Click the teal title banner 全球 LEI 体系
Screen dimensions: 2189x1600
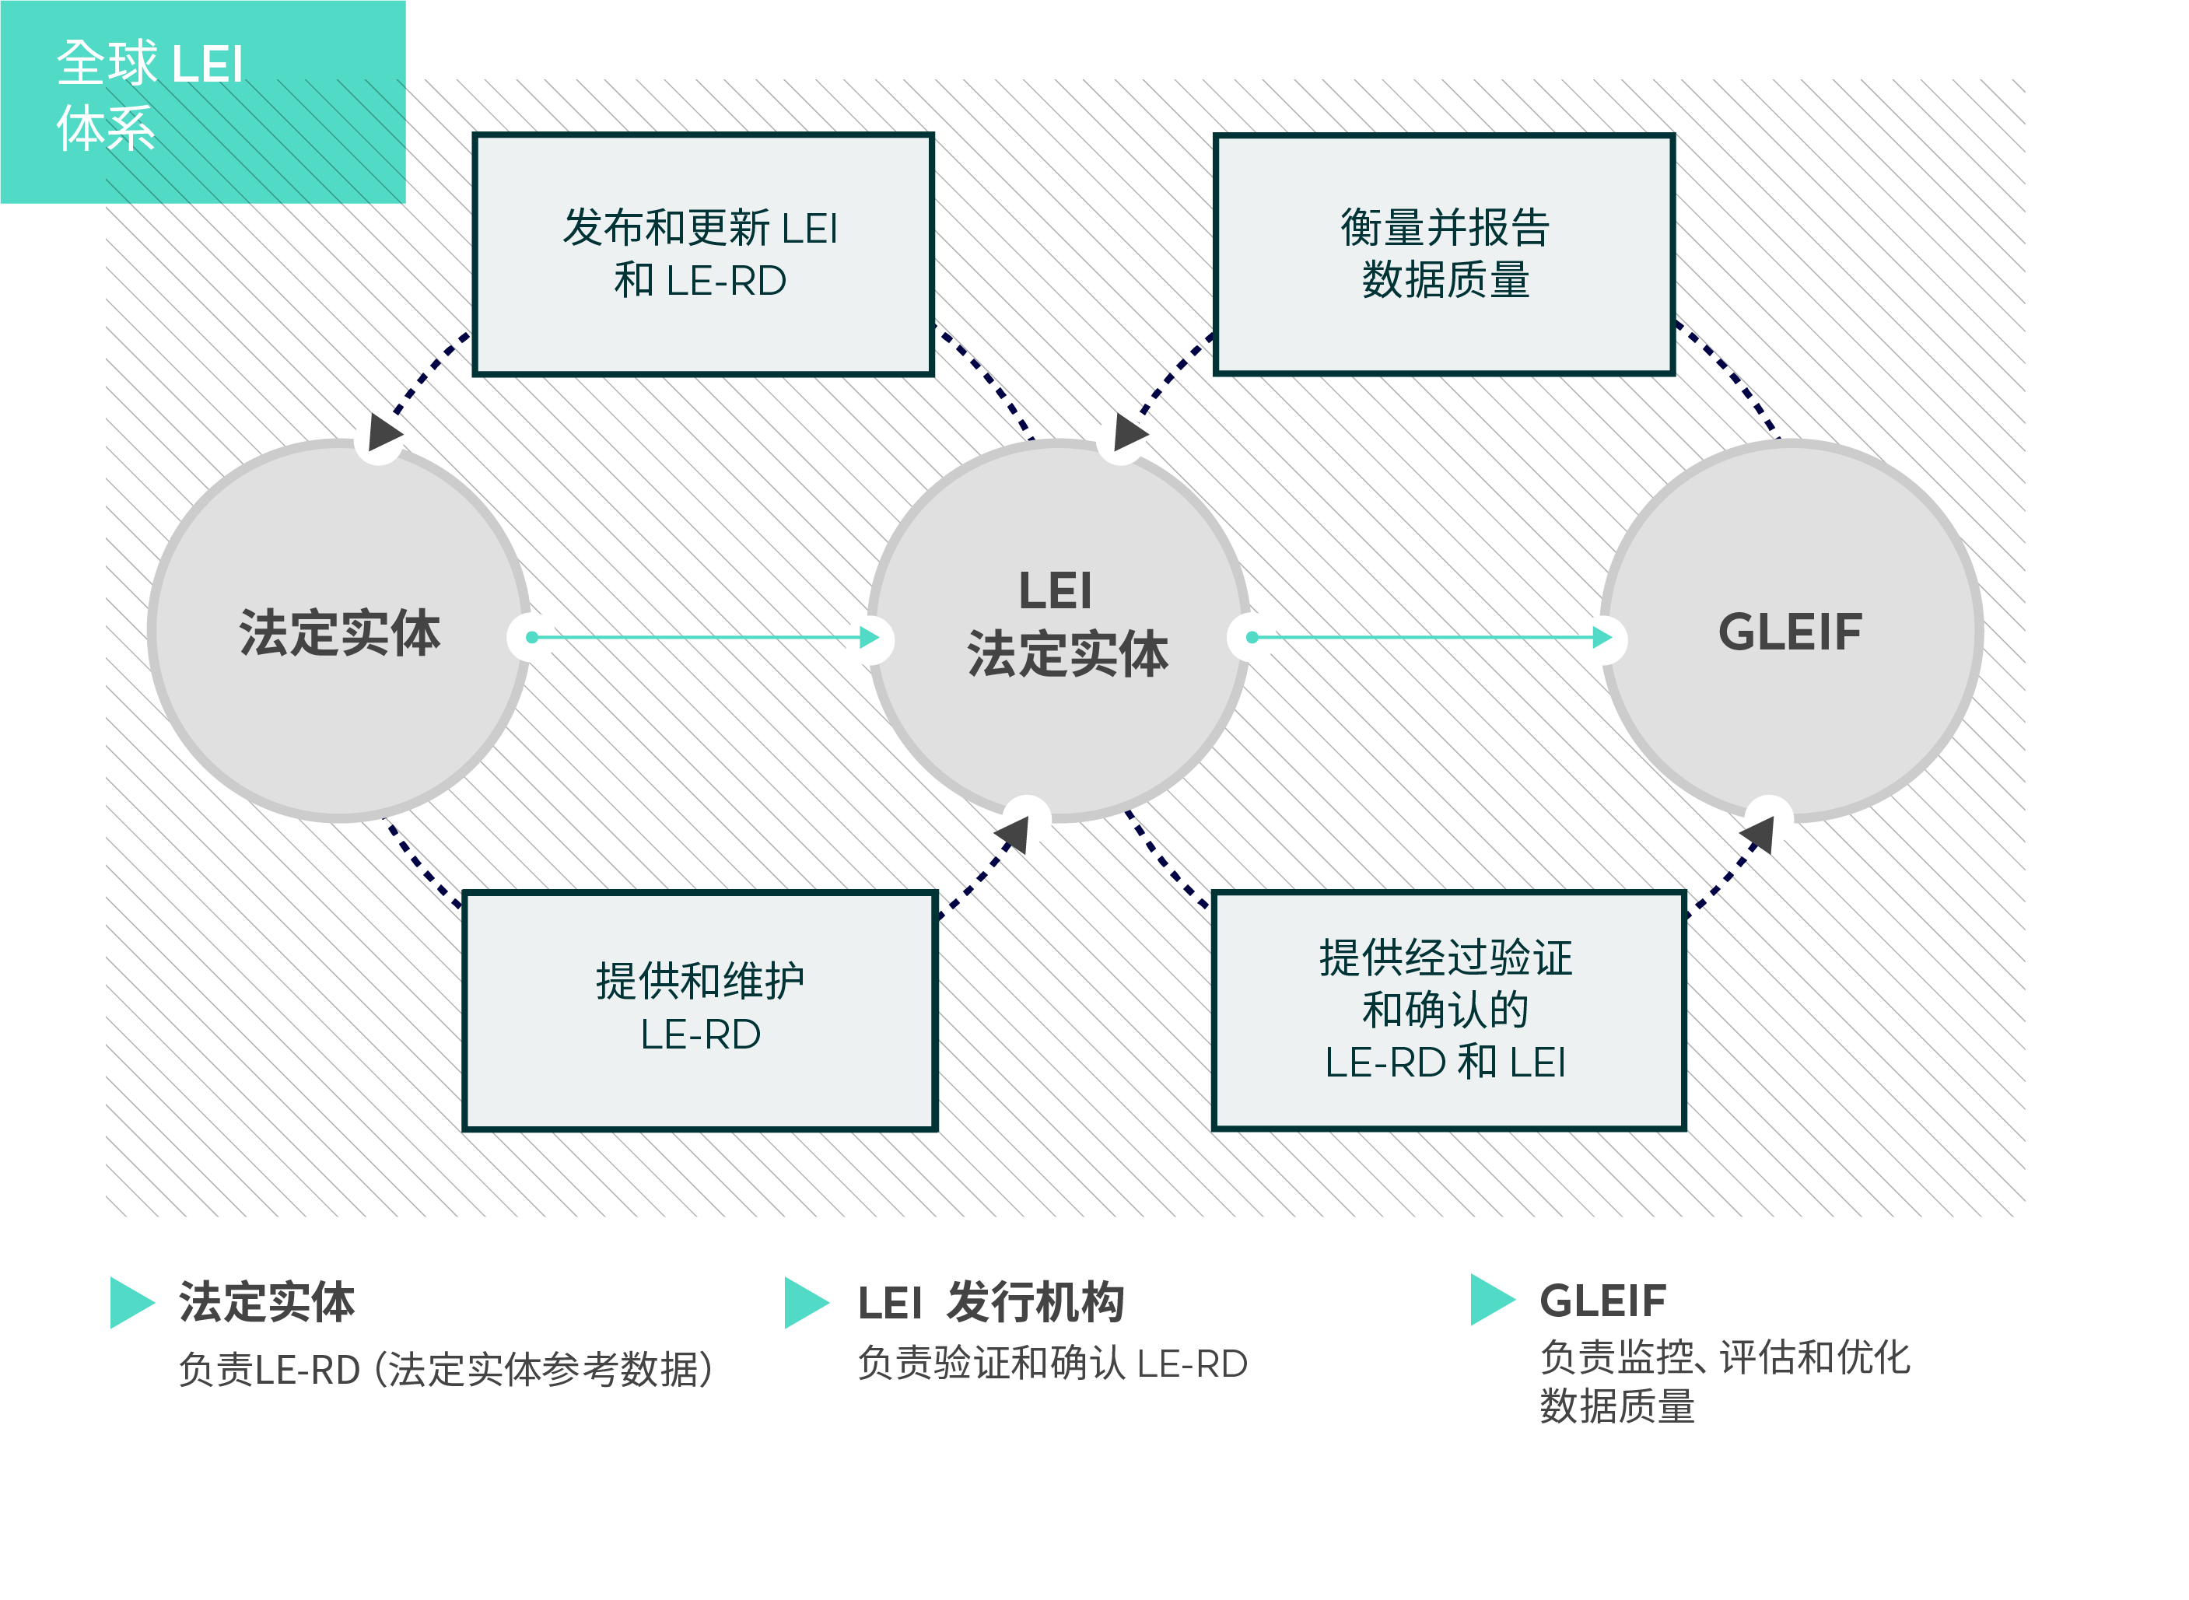(202, 102)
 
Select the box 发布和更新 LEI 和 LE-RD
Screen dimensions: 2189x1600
(703, 254)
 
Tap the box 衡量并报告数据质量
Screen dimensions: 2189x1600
(1444, 254)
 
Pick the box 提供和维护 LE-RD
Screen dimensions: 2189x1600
(700, 1010)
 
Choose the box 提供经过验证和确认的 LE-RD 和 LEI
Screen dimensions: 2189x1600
(1449, 1010)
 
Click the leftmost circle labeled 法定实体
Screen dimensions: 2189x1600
(339, 632)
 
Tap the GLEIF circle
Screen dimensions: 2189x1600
(1791, 632)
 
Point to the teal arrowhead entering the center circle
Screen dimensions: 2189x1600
(870, 637)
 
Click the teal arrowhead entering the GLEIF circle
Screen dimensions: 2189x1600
(1603, 637)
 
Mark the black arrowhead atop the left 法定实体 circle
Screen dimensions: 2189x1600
(384, 432)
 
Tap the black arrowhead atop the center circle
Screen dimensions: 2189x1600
(1130, 432)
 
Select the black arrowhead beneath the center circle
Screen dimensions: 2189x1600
(1013, 834)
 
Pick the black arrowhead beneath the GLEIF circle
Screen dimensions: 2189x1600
(1759, 834)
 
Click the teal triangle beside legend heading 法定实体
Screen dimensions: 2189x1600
(131, 1303)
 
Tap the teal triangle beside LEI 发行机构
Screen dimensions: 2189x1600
(806, 1303)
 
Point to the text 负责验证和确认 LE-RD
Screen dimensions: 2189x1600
(1052, 1364)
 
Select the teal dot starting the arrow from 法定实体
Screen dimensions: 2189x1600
(532, 637)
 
